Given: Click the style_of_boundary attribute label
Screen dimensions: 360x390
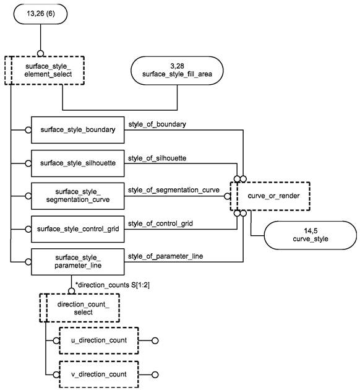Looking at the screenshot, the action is (157, 124).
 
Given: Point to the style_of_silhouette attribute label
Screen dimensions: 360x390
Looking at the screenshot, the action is (157, 158).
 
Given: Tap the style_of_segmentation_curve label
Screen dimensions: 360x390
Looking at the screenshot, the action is (174, 190).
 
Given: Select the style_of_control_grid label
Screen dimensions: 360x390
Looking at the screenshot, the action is (160, 223).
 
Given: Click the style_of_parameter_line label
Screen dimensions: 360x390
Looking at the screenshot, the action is (166, 256).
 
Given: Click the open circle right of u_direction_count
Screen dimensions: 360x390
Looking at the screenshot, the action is (155, 340).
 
